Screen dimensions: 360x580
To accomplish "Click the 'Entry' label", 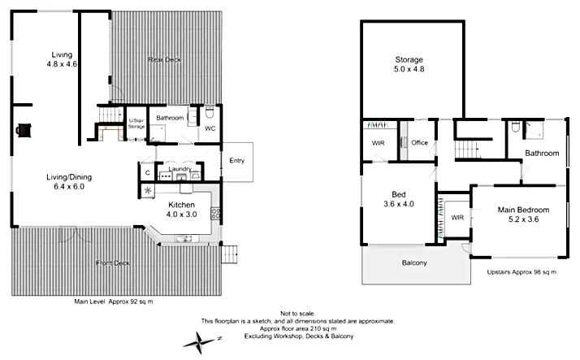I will tap(236, 160).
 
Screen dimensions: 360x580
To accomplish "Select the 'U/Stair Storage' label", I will tap(136, 124).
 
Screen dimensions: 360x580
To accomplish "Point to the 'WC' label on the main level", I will tap(209, 128).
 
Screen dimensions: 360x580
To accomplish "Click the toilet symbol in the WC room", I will tap(209, 113).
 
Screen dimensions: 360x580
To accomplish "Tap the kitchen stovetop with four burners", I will tap(215, 215).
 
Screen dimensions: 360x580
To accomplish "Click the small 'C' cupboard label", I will tap(147, 172).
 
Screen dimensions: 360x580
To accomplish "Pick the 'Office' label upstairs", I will tap(419, 143).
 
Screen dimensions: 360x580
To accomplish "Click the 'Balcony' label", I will tap(414, 262).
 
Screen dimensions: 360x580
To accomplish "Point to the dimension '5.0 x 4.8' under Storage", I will tap(409, 70).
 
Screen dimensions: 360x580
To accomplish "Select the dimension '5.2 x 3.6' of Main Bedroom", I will tap(522, 219).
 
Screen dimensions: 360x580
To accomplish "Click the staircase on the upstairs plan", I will tap(465, 150).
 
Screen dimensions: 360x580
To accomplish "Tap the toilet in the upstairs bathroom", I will tap(516, 127).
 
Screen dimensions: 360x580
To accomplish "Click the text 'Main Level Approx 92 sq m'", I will tap(113, 301).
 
